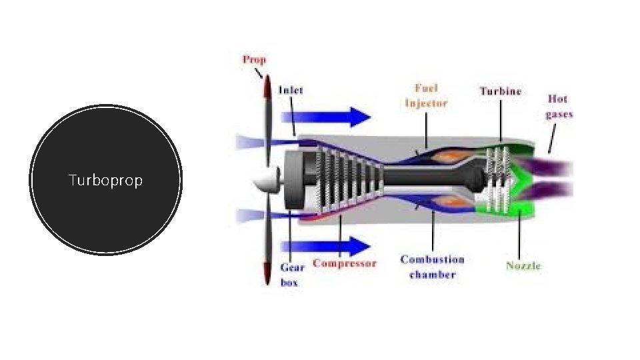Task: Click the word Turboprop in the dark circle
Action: coord(105,181)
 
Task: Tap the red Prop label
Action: coord(254,59)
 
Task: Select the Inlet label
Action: coord(291,90)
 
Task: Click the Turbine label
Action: coord(501,91)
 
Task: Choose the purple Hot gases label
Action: coord(559,106)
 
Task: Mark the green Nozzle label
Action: coord(523,266)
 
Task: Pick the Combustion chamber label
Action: coord(432,267)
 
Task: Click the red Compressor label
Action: coord(345,263)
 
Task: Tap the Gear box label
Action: coord(291,275)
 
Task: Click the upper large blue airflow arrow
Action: coord(340,117)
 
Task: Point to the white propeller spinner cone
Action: coord(267,179)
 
